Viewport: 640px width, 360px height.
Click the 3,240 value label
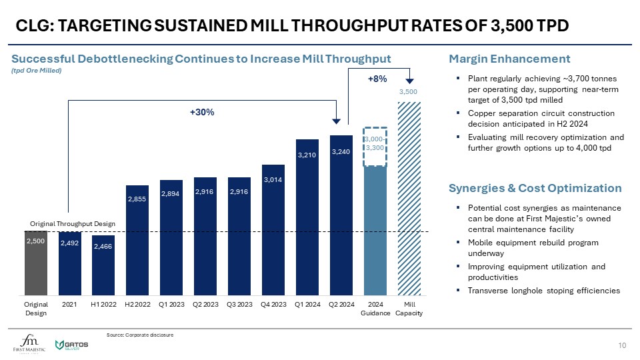341,152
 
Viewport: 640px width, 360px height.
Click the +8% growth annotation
378,79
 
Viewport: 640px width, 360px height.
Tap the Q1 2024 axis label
307,305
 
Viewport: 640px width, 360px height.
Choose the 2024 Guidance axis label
375,309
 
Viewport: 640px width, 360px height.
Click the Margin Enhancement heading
510,58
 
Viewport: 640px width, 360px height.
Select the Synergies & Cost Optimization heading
535,188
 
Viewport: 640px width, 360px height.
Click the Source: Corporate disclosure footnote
140,335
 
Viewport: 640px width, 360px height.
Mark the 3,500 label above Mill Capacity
408,91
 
